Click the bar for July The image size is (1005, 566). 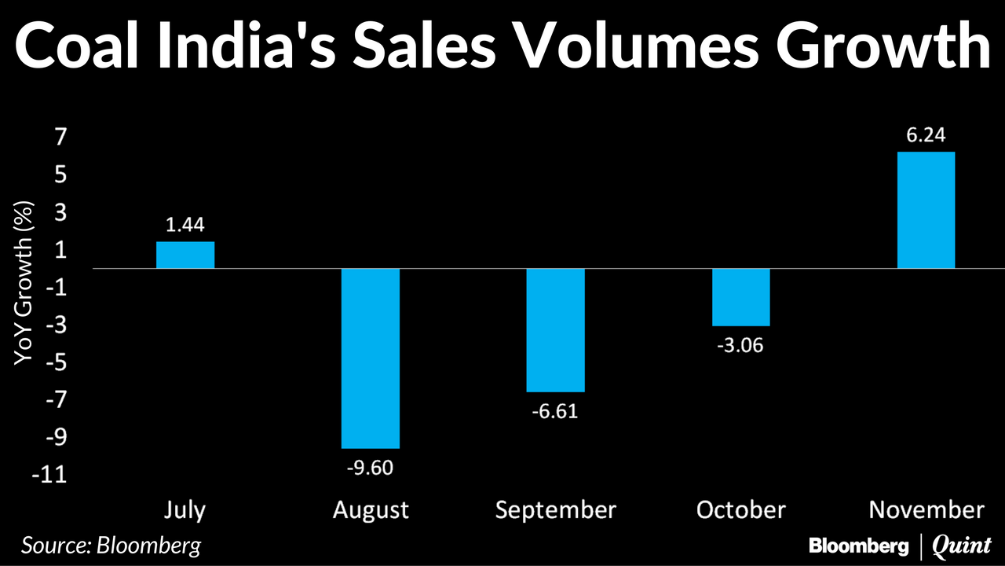point(185,255)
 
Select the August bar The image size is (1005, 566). point(371,358)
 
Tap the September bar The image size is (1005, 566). point(556,330)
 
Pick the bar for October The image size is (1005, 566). point(741,297)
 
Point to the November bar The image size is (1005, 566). point(926,210)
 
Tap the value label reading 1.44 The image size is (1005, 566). point(185,226)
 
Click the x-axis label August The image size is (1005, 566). point(371,510)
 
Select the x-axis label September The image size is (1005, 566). point(556,511)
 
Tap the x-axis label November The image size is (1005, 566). point(926,510)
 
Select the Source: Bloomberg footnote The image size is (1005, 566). point(111,545)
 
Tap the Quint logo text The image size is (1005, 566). point(961,545)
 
